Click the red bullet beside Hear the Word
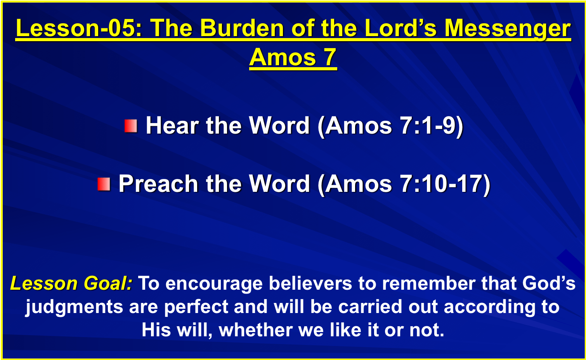[x=131, y=126]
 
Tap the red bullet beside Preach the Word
[x=104, y=184]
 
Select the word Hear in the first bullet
[x=172, y=125]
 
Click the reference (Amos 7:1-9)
[x=390, y=126]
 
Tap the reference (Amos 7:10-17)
[x=404, y=184]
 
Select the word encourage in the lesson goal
[x=214, y=284]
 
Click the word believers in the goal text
[x=310, y=283]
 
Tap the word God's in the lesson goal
[x=549, y=283]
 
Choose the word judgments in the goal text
[x=74, y=307]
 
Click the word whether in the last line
[x=256, y=330]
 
